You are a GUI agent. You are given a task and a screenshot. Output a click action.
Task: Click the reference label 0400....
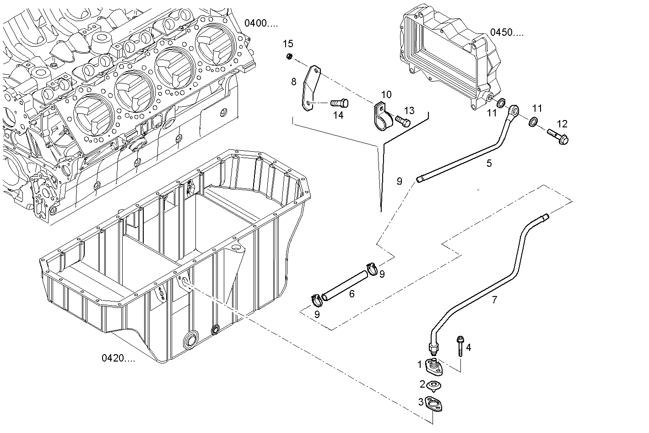(260, 23)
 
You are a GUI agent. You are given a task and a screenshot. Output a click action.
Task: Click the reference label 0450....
(507, 32)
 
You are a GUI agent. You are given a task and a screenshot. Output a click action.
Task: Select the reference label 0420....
(118, 358)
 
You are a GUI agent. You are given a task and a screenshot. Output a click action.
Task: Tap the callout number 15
(288, 44)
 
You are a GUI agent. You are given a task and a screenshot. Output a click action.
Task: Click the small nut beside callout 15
(289, 56)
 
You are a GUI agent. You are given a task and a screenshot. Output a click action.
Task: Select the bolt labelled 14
(339, 103)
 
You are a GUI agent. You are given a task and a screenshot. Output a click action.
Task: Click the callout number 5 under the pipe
(489, 163)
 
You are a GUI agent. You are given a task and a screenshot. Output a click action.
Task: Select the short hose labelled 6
(344, 285)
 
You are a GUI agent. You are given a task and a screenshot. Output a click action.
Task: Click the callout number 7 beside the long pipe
(494, 300)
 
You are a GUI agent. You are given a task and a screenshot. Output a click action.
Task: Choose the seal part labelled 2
(433, 385)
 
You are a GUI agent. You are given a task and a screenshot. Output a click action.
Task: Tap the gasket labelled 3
(434, 405)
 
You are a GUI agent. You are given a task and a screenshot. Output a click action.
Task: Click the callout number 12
(562, 124)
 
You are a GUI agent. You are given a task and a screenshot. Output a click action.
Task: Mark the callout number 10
(386, 94)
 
